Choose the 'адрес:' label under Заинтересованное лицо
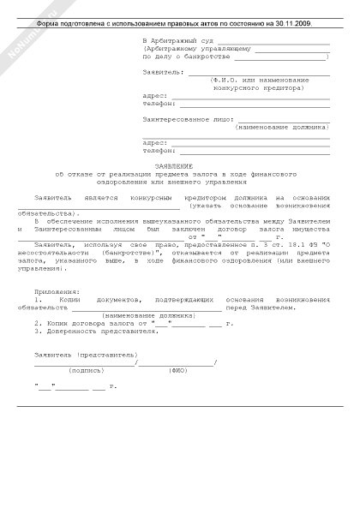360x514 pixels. (x=156, y=142)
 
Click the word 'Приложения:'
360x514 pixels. (x=52, y=315)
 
